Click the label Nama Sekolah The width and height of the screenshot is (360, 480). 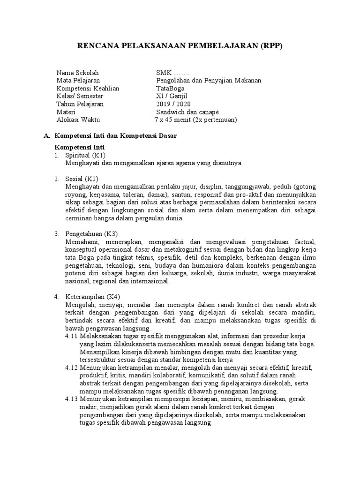(x=78, y=73)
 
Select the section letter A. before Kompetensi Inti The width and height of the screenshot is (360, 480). (x=46, y=135)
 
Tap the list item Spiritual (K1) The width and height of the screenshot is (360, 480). (x=86, y=155)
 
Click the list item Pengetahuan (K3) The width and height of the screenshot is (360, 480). (x=91, y=233)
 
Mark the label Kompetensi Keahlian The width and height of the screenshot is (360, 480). (x=88, y=88)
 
